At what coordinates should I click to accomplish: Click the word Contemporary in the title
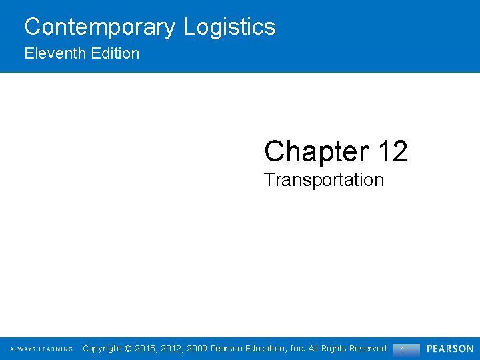[101, 27]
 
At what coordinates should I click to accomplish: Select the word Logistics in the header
[229, 27]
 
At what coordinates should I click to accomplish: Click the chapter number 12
[392, 151]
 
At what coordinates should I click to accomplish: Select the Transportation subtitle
[324, 180]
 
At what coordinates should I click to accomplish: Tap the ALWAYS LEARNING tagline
[41, 349]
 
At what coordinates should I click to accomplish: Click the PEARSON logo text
[450, 349]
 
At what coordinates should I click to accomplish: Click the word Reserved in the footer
[366, 349]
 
